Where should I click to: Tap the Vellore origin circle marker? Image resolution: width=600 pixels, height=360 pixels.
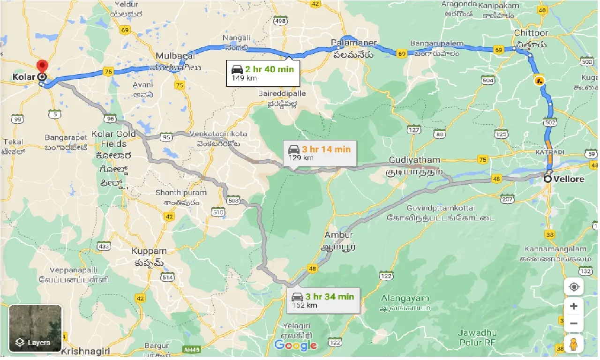tap(548, 179)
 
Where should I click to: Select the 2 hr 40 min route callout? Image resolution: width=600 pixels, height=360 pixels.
tap(262, 73)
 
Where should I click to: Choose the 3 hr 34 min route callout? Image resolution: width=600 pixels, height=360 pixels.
tap(323, 300)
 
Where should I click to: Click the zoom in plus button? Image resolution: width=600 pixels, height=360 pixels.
tap(573, 307)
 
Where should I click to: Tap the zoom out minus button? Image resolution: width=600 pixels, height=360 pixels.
tap(573, 323)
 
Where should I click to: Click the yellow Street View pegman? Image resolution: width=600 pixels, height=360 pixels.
tap(573, 343)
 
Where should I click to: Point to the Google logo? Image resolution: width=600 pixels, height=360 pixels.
tap(295, 345)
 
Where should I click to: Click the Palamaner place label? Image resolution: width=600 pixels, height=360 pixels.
tap(354, 43)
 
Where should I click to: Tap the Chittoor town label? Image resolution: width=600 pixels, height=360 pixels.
tap(531, 33)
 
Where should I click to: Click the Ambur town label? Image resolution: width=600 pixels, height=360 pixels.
tap(338, 235)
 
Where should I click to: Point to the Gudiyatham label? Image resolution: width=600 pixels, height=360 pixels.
tap(414, 160)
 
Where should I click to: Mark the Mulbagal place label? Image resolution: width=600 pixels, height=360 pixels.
tap(175, 55)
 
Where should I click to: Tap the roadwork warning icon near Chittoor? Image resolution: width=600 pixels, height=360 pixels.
tap(539, 80)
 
